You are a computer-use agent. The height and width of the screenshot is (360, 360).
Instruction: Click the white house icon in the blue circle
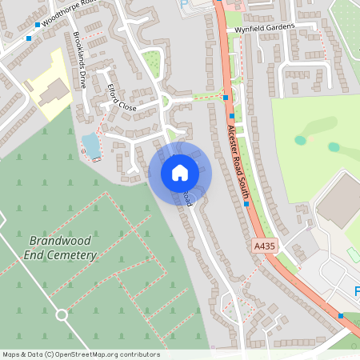click(180, 172)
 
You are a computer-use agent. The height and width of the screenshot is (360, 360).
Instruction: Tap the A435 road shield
click(266, 246)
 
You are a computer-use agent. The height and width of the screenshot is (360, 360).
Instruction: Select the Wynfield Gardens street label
click(265, 27)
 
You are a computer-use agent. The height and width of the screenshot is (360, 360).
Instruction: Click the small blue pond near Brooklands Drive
click(91, 145)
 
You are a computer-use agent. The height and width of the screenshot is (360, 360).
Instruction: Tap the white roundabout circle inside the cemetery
click(62, 314)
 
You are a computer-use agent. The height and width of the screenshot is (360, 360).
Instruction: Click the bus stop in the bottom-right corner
click(341, 315)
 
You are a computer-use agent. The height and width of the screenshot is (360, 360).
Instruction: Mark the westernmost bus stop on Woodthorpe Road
click(28, 38)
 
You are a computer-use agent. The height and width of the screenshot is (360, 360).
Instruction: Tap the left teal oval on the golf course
click(300, 140)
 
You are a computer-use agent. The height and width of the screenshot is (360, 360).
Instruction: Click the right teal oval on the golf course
click(334, 147)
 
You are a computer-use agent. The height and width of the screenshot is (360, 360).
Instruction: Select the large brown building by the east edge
click(339, 201)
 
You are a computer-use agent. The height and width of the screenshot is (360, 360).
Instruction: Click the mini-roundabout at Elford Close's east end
click(166, 101)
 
